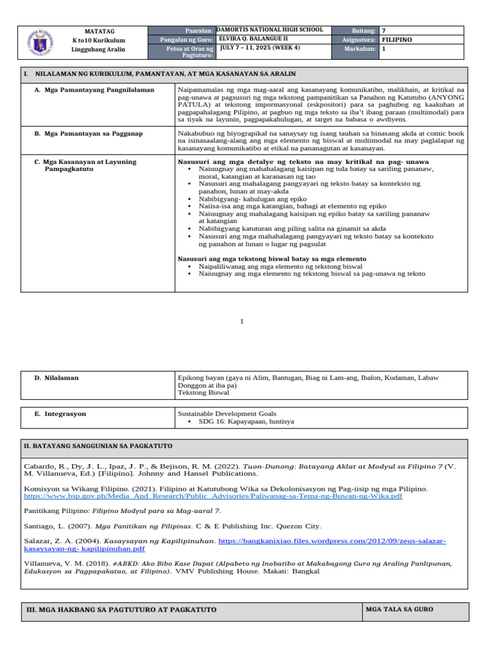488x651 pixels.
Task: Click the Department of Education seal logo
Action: pyautogui.click(x=43, y=43)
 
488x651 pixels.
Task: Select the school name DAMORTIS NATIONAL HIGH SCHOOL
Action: pyautogui.click(x=270, y=30)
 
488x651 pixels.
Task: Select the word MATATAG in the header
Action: pyautogui.click(x=98, y=31)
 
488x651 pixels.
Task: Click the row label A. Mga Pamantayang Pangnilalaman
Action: pyautogui.click(x=95, y=90)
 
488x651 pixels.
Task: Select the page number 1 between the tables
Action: pyautogui.click(x=241, y=322)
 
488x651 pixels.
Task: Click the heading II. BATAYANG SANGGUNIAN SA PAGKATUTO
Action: pyautogui.click(x=98, y=446)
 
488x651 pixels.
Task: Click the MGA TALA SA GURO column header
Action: pyautogui.click(x=400, y=609)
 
